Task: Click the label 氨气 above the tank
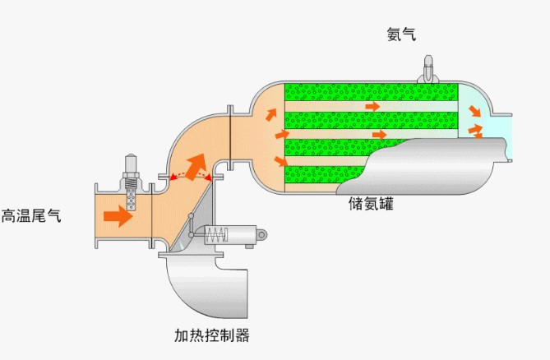(402, 34)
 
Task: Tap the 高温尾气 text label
(31, 216)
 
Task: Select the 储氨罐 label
(371, 203)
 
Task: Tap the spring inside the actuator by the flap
(215, 234)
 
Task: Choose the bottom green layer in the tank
(321, 174)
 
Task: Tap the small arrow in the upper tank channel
(372, 107)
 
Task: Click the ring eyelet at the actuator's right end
(262, 235)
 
